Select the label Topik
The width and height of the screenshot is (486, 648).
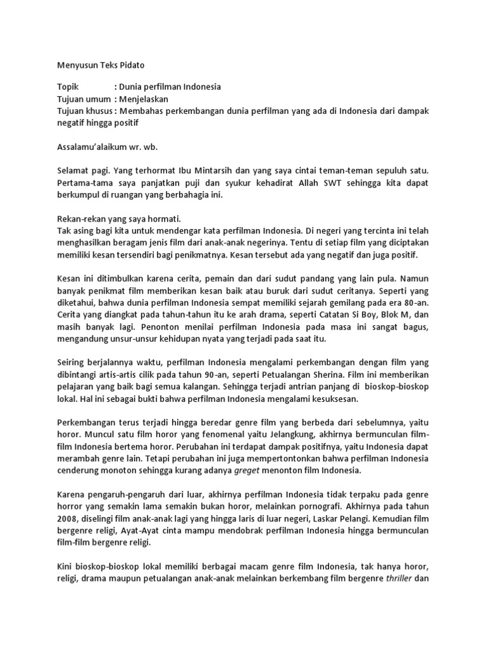pyautogui.click(x=68, y=87)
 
